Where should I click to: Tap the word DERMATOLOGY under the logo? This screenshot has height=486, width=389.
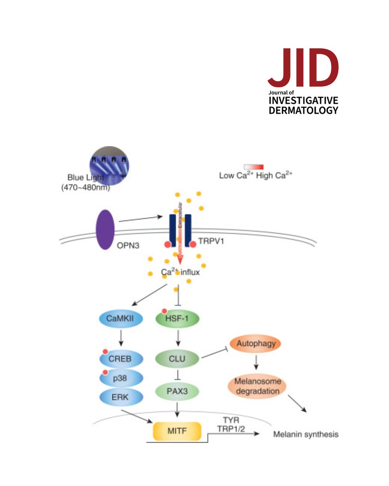(303, 110)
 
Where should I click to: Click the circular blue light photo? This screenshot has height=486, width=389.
(109, 164)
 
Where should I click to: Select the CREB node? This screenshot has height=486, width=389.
(121, 358)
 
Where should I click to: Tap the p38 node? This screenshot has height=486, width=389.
(121, 378)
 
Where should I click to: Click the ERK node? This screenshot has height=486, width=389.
(121, 396)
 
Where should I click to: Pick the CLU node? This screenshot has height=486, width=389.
(177, 358)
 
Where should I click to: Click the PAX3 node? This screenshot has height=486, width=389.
(177, 391)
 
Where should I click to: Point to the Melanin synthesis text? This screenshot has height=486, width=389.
(306, 435)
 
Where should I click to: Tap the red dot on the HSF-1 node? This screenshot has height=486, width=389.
(164, 311)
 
